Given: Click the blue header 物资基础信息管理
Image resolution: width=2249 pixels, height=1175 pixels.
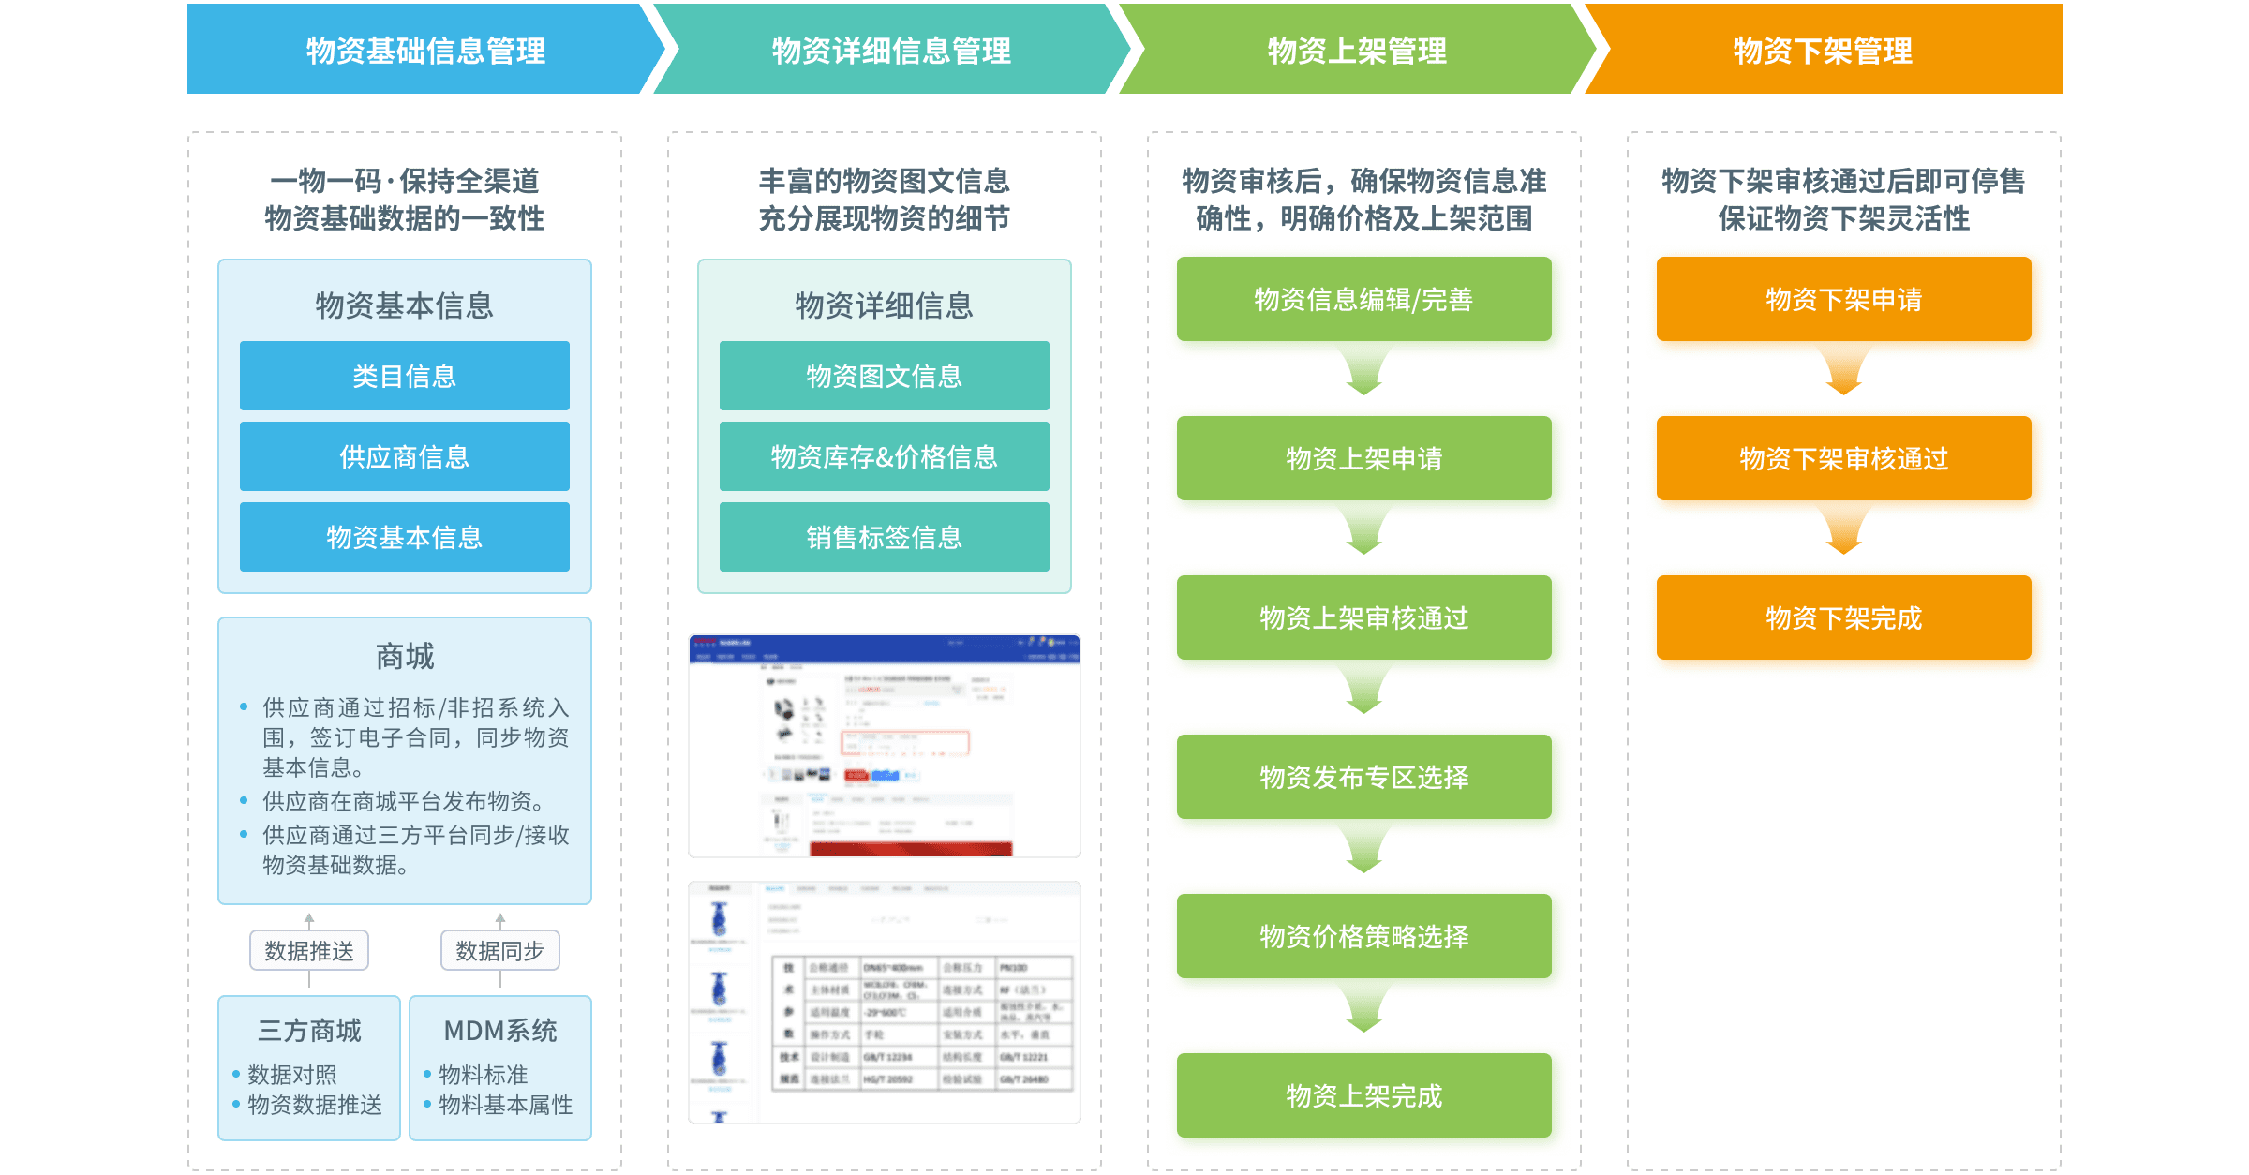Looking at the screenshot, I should pyautogui.click(x=425, y=51).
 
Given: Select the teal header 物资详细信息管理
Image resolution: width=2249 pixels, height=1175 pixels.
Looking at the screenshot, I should pyautogui.click(x=890, y=51).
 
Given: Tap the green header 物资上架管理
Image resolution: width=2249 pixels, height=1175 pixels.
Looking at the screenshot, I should pyautogui.click(x=1357, y=51).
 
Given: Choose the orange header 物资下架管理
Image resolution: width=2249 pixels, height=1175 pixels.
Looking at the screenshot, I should pyautogui.click(x=1823, y=51).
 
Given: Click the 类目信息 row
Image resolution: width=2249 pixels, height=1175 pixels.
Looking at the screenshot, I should pyautogui.click(x=404, y=377).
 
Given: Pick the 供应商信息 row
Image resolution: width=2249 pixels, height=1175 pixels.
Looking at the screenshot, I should pyautogui.click(x=404, y=457).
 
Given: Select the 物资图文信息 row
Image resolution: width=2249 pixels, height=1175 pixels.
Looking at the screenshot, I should pyautogui.click(x=884, y=377).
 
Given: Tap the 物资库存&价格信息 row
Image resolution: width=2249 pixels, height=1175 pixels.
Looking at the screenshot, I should pyautogui.click(x=884, y=457).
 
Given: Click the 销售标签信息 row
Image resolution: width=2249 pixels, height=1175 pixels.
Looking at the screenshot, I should pyautogui.click(x=884, y=538).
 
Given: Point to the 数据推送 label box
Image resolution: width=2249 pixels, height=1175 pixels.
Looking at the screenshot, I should pyautogui.click(x=309, y=951).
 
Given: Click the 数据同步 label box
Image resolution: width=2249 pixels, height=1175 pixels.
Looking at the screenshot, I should pyautogui.click(x=499, y=951).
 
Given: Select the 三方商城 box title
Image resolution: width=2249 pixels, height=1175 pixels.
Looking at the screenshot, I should pyautogui.click(x=309, y=1031).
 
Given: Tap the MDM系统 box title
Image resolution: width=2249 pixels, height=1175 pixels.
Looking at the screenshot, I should pyautogui.click(x=500, y=1031).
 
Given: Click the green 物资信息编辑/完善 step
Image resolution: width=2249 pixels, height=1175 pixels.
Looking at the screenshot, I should pyautogui.click(x=1363, y=301).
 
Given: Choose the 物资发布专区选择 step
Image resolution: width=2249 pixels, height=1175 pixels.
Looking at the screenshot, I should pyautogui.click(x=1363, y=778).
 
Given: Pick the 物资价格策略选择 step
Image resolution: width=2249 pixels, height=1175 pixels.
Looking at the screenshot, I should pyautogui.click(x=1363, y=937).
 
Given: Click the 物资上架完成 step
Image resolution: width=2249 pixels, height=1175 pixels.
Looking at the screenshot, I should pyautogui.click(x=1363, y=1096).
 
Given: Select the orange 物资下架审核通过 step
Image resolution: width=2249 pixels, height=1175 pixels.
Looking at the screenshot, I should pyautogui.click(x=1843, y=459).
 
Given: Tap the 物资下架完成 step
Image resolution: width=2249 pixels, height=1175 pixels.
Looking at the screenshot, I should pyautogui.click(x=1843, y=618).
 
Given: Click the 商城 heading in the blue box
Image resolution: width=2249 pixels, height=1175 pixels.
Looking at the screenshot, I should pyautogui.click(x=404, y=657).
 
